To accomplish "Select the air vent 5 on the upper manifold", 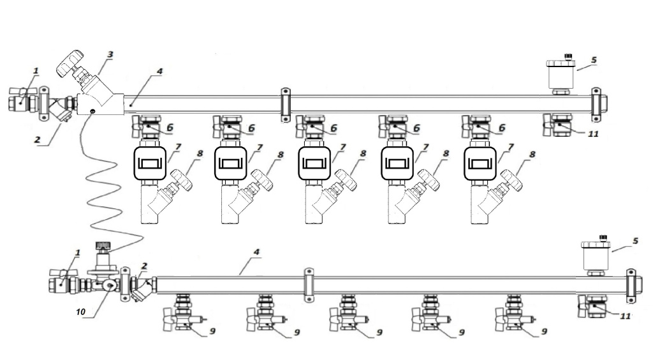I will pos(562,75).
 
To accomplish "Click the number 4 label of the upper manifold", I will pos(159,72).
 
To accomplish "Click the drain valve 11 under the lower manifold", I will pos(592,307).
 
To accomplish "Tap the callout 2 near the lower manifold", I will pos(145,265).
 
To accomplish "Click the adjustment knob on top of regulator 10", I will pos(103,245).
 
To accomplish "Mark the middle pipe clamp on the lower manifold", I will pos(309,283).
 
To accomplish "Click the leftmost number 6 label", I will pos(170,128).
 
